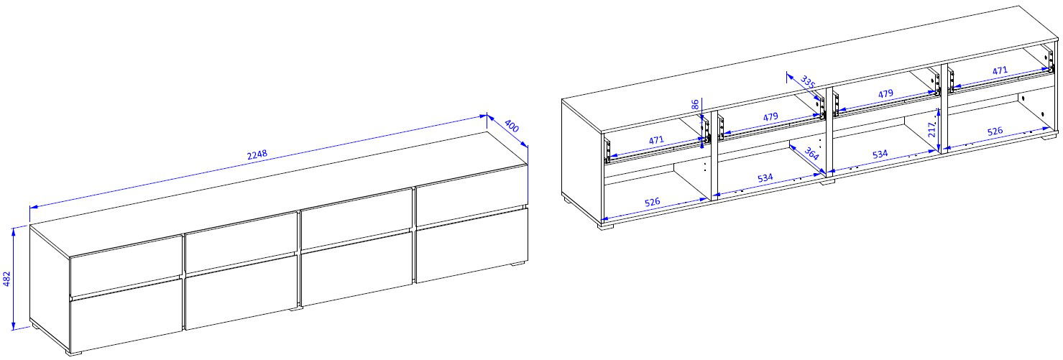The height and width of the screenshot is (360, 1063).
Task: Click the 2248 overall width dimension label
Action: click(257, 154)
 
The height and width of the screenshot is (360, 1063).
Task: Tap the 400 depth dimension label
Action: click(512, 126)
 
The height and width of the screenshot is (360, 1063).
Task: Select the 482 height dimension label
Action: click(6, 279)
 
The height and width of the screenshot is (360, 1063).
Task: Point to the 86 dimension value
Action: click(695, 104)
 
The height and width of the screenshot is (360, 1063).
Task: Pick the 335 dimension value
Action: click(808, 82)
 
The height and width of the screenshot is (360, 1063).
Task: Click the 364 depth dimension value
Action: click(812, 154)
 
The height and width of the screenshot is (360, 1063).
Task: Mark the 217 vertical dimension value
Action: click(932, 129)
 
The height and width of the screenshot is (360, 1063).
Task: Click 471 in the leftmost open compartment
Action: click(656, 140)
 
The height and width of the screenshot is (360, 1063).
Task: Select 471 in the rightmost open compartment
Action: click(1000, 70)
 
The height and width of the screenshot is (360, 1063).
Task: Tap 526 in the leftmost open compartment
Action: click(653, 202)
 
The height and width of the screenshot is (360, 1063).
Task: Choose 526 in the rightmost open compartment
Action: click(995, 131)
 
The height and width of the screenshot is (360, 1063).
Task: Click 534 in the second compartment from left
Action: click(765, 177)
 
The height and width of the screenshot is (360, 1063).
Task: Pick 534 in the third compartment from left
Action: click(880, 154)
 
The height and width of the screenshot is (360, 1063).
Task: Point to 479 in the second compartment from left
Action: click(770, 116)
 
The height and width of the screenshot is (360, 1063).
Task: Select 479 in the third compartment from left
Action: click(885, 94)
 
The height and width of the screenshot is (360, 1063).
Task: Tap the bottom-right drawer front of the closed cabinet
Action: click(471, 246)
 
